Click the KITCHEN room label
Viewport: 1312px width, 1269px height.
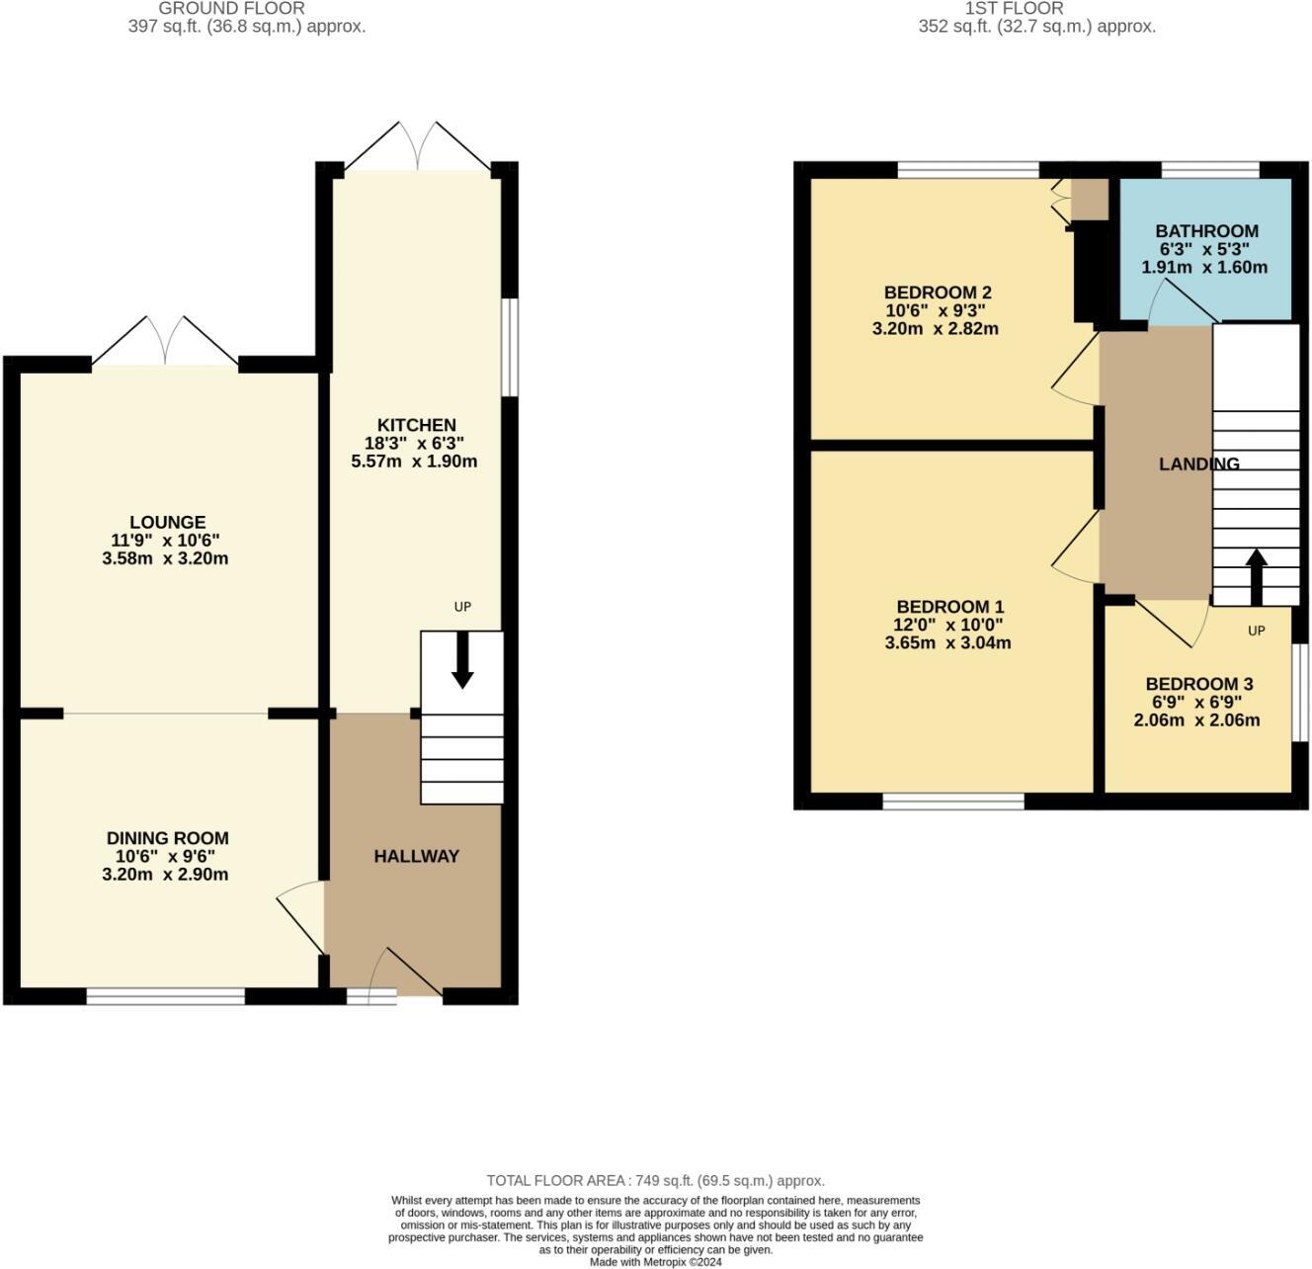tap(417, 425)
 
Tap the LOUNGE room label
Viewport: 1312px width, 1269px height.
tap(167, 522)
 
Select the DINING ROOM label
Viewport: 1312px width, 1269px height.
tap(167, 838)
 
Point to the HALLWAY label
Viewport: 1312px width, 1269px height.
tap(416, 856)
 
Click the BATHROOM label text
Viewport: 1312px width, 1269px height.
tap(1206, 231)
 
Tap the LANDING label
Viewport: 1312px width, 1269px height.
tap(1198, 464)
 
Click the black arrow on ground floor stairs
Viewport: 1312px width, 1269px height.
tap(462, 662)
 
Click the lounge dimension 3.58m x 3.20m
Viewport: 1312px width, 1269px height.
tap(165, 558)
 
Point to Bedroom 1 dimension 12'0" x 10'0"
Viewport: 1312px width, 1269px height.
tap(947, 625)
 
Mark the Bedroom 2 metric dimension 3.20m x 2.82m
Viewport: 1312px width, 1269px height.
tap(935, 328)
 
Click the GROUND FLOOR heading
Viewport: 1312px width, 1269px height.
tap(231, 8)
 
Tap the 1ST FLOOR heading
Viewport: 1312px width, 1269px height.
tap(1014, 8)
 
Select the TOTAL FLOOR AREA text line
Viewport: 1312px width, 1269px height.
tap(655, 1180)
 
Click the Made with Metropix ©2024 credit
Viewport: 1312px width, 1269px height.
tap(655, 1262)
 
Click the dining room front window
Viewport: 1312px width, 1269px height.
tap(165, 996)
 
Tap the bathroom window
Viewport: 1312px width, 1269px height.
tap(1209, 170)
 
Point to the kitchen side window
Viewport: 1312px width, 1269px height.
tap(510, 347)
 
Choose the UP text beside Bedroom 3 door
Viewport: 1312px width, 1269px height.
tap(1256, 631)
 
